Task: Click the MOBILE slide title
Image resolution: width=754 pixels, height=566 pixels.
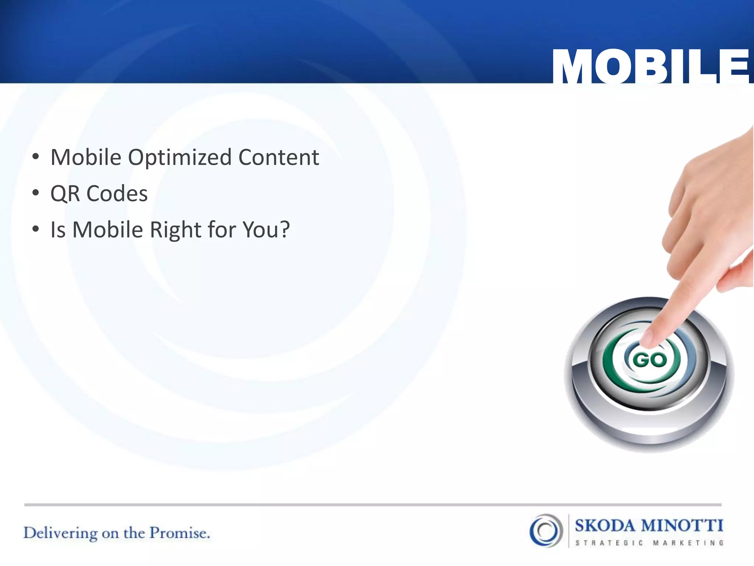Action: click(x=650, y=66)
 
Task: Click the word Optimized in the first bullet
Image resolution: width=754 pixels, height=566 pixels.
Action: click(x=180, y=158)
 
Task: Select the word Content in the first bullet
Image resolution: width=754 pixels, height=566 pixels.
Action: click(x=279, y=158)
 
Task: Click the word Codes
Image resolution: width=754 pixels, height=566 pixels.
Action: click(x=117, y=194)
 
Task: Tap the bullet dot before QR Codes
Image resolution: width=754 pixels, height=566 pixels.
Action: click(x=35, y=193)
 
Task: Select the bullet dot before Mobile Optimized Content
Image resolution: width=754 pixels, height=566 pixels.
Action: click(x=35, y=157)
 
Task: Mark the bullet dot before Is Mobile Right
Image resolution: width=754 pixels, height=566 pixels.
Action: click(x=35, y=229)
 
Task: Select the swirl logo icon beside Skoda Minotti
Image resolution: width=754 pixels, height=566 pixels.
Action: click(x=546, y=531)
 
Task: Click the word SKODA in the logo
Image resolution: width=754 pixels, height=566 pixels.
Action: click(x=605, y=525)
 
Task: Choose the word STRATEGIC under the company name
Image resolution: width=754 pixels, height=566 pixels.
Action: click(x=609, y=543)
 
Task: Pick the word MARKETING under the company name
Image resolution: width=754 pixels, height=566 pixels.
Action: click(x=688, y=543)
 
